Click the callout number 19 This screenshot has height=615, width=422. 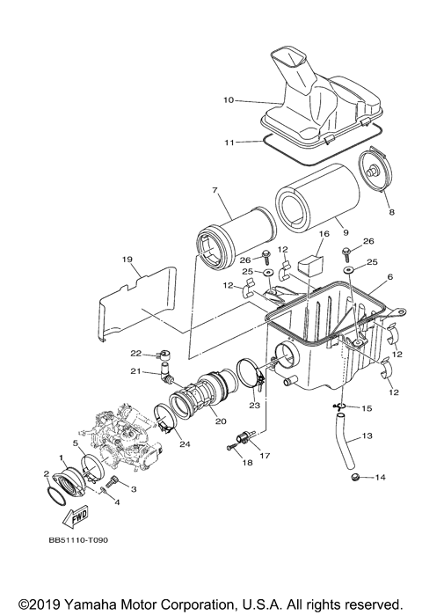pyautogui.click(x=127, y=260)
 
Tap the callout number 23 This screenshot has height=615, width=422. pyautogui.click(x=253, y=405)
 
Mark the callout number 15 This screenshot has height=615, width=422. pyautogui.click(x=367, y=408)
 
